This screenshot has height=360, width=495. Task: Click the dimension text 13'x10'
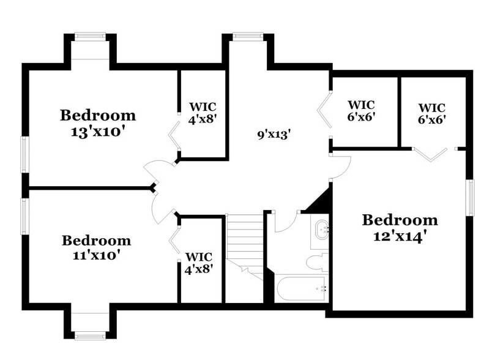[97, 131]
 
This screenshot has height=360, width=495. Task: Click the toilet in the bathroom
[317, 263]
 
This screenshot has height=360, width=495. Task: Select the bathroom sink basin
[321, 231]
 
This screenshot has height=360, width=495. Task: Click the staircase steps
[244, 239]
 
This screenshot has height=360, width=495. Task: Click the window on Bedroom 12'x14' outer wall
[471, 197]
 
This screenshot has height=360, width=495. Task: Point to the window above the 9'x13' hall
[248, 36]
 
